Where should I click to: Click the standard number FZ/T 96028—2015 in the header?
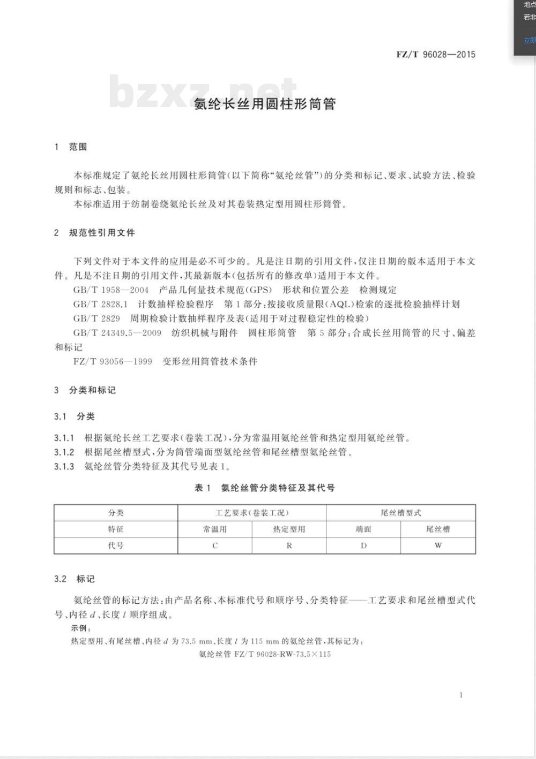tap(436, 54)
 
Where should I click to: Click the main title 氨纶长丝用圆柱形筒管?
tap(265, 104)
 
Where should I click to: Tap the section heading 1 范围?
tap(71, 147)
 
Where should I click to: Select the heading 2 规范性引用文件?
tap(94, 233)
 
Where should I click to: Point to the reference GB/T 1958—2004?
tap(111, 290)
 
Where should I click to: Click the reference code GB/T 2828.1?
tap(100, 305)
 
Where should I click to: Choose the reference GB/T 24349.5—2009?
tap(117, 333)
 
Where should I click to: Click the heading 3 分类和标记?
tap(85, 390)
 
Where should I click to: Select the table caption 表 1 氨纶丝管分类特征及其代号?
tap(265, 488)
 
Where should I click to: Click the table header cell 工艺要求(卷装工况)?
tap(252, 513)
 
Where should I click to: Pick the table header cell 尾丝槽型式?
tap(401, 513)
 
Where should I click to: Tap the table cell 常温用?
tap(215, 529)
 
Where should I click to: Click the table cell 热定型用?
tap(289, 529)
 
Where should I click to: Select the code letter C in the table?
tap(215, 546)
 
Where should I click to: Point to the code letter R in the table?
tap(289, 546)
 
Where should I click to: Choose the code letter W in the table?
tap(438, 546)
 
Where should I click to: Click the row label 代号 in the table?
tap(116, 546)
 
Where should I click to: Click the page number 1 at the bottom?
tap(461, 695)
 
